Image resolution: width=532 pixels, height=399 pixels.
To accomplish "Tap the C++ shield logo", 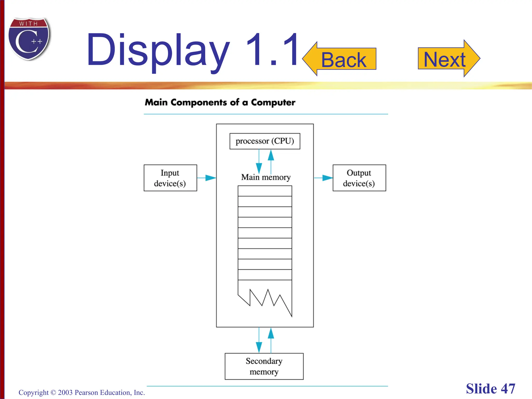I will [29, 39].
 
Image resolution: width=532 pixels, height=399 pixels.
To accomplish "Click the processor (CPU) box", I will [265, 141].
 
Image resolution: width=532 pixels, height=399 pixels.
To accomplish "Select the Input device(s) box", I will [170, 178].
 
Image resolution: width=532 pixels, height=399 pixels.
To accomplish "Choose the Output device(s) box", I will [359, 178].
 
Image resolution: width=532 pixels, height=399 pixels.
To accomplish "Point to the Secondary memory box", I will [264, 366].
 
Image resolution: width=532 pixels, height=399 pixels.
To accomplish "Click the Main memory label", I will [266, 177].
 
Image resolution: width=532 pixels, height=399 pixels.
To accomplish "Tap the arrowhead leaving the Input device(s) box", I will [210, 178].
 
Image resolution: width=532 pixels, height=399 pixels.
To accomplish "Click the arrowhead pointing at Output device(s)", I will [327, 178].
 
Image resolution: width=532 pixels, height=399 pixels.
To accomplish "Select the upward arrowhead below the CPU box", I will [271, 155].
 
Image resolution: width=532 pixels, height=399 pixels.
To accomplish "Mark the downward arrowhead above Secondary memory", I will [259, 347].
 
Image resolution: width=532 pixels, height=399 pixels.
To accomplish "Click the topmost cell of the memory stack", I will [265, 191].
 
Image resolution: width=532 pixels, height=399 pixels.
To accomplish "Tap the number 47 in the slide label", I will [508, 389].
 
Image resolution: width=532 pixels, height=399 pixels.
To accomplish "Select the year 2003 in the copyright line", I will [65, 393].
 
